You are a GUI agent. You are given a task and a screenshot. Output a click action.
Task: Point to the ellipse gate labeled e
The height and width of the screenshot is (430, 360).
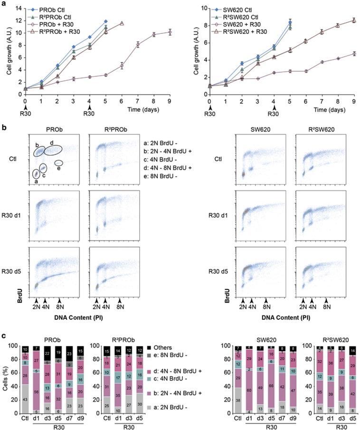click(59, 163)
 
